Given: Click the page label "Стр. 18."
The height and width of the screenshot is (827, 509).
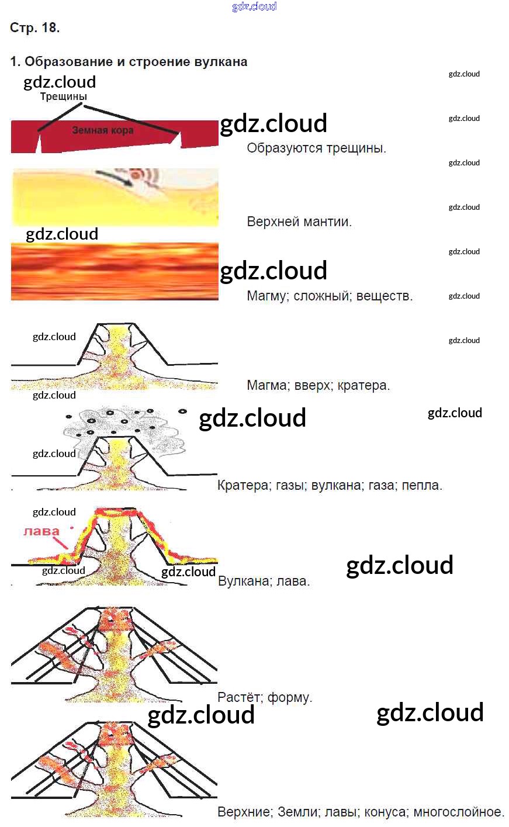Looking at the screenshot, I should tap(35, 27).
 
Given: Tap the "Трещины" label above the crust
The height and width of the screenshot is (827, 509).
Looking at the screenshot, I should tap(63, 96).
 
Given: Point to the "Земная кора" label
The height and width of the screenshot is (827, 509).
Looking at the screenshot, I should tap(103, 130).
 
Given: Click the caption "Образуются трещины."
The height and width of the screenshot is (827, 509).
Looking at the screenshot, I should tap(316, 148).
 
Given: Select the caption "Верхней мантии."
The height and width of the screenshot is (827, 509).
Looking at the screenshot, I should tap(299, 222).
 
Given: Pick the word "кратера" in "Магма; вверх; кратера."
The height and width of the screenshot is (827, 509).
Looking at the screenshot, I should tap(365, 386).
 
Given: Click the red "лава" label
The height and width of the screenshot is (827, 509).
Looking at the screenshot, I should tap(41, 531).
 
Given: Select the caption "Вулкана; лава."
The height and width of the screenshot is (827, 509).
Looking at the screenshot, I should tap(264, 582).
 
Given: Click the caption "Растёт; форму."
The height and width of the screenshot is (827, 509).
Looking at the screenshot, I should tap(265, 697).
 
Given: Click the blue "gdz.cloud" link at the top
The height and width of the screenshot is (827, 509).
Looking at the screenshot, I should tap(254, 6).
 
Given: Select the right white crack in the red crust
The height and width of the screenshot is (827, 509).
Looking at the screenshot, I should tap(181, 140).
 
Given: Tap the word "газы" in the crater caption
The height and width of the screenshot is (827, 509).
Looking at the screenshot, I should tap(289, 485).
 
